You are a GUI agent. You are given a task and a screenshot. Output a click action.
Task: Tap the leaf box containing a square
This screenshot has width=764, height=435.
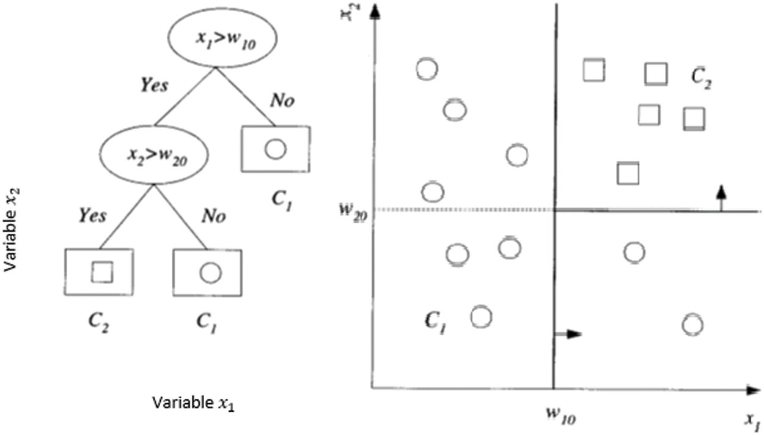pyautogui.click(x=98, y=272)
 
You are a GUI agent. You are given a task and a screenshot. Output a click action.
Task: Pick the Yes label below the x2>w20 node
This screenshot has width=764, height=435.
pyautogui.click(x=92, y=215)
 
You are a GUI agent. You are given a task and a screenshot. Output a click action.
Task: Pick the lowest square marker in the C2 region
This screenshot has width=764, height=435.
pyautogui.click(x=628, y=173)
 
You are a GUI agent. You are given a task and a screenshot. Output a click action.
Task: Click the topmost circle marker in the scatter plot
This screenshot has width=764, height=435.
pyautogui.click(x=427, y=69)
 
